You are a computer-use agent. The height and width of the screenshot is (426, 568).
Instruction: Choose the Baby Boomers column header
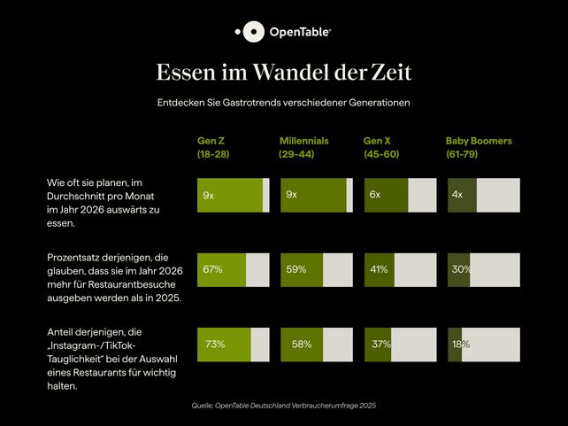tap(479, 147)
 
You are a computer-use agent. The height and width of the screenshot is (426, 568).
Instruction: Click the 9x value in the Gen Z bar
tap(208, 195)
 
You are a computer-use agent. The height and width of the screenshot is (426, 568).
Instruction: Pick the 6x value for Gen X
tap(375, 195)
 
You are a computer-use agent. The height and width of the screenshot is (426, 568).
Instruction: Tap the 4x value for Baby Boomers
tap(457, 195)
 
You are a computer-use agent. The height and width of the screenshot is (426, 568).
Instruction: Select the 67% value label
tap(212, 268)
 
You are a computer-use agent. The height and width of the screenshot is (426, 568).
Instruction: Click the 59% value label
tap(296, 268)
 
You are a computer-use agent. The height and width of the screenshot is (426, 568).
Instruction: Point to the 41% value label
tap(379, 268)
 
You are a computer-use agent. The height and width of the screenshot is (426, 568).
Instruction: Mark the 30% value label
tap(461, 268)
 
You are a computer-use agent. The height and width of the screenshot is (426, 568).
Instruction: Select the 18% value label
tap(460, 344)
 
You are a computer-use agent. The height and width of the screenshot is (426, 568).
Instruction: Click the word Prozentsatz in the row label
tap(73, 257)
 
